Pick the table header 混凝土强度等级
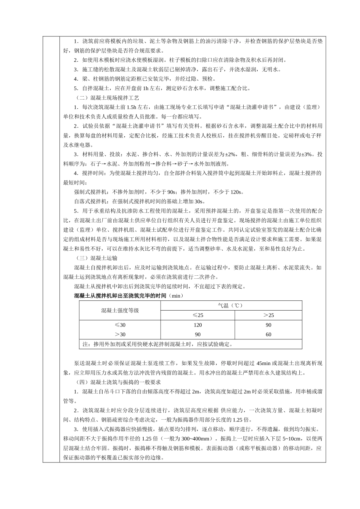click(120, 310)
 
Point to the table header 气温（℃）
click(231, 305)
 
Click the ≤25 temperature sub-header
click(197, 315)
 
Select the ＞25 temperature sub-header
click(268, 315)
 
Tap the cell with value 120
click(197, 325)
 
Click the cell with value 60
click(268, 334)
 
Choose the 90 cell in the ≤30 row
click(268, 325)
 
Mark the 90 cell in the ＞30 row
click(197, 334)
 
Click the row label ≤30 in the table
click(120, 325)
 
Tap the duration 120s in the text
click(237, 192)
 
